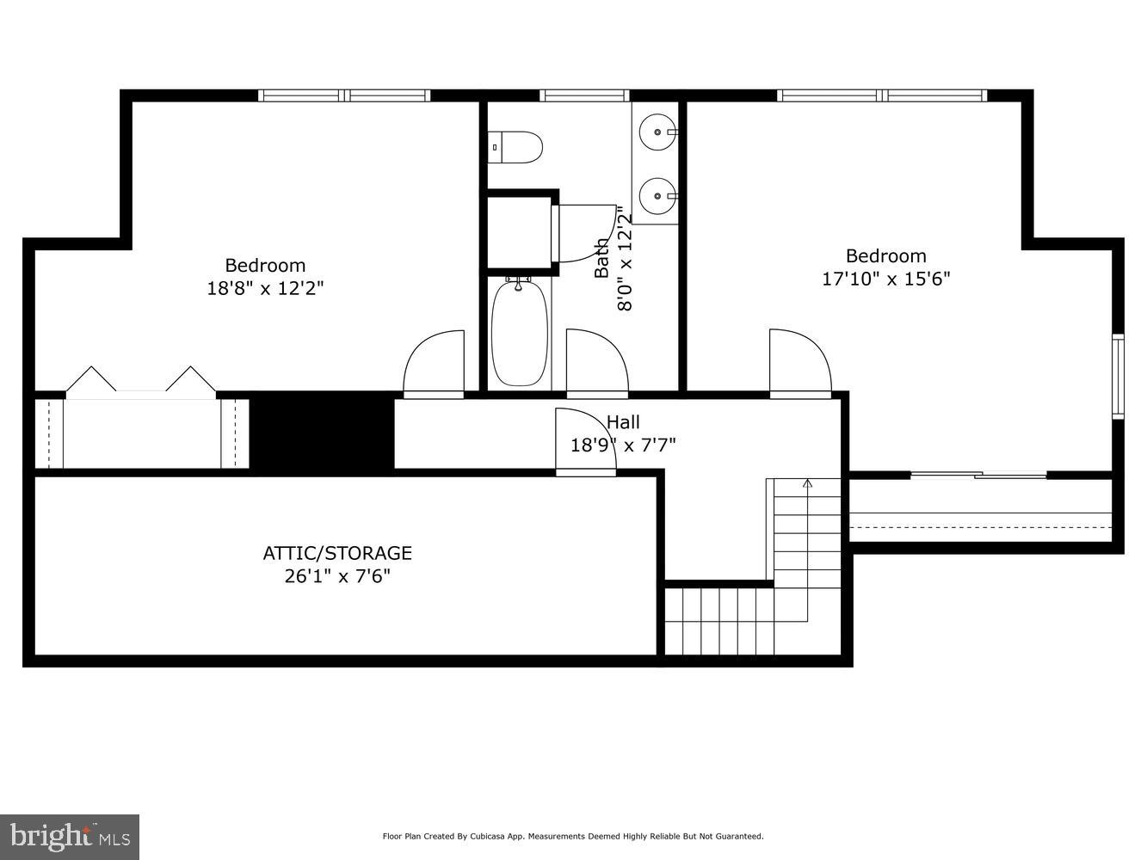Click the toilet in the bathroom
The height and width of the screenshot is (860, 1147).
coord(516,147)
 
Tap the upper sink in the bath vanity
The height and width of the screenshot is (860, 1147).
coord(660,132)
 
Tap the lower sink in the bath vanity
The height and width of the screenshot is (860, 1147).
coord(660,195)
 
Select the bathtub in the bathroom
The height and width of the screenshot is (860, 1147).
coord(519,333)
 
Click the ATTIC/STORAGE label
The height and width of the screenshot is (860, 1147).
coord(337,553)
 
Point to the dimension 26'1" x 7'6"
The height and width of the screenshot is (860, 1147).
coord(337,576)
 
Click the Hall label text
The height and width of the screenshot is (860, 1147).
coord(623,422)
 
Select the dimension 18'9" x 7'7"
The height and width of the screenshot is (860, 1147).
coord(623,445)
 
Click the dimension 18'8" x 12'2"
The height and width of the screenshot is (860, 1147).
coord(265,288)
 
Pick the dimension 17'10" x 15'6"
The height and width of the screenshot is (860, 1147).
coord(886,279)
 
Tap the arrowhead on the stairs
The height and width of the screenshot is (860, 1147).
coord(807,484)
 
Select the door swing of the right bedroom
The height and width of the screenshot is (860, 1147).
coord(799,364)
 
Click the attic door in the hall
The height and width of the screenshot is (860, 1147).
coord(585,440)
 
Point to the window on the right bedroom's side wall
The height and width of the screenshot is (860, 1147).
coord(1118,377)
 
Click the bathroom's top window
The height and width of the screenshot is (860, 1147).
coord(584,95)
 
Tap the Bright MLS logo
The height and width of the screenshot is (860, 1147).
coord(70,836)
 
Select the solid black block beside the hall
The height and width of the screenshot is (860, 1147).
coord(322,432)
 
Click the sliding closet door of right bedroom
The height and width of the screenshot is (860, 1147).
coord(978,474)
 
